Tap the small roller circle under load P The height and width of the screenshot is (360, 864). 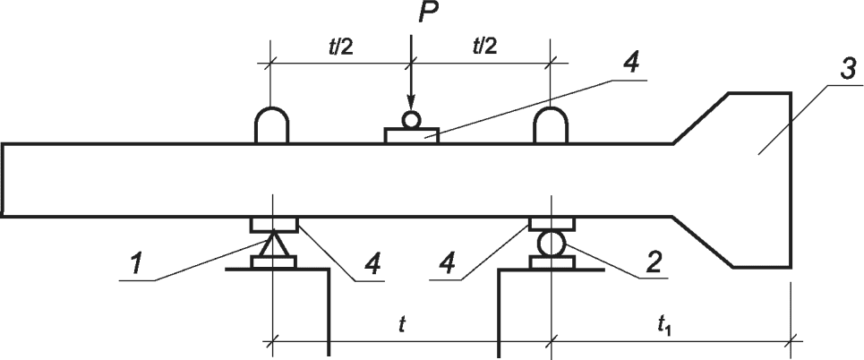[x=411, y=119]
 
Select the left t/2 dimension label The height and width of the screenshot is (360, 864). [x=342, y=46]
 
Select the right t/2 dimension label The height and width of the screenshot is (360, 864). [x=483, y=46]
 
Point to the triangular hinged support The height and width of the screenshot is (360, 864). [x=270, y=244]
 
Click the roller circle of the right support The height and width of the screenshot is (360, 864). [x=551, y=243]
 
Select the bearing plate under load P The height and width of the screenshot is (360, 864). [x=411, y=135]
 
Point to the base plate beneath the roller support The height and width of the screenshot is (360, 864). [x=551, y=262]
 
